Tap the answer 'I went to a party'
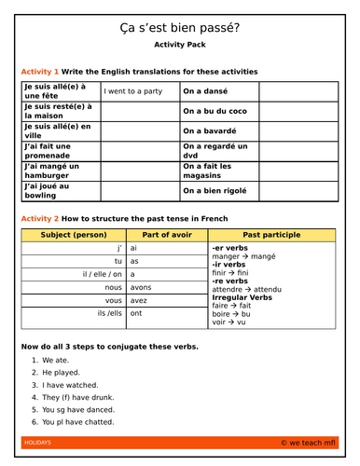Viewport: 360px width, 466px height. pos(131,91)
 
